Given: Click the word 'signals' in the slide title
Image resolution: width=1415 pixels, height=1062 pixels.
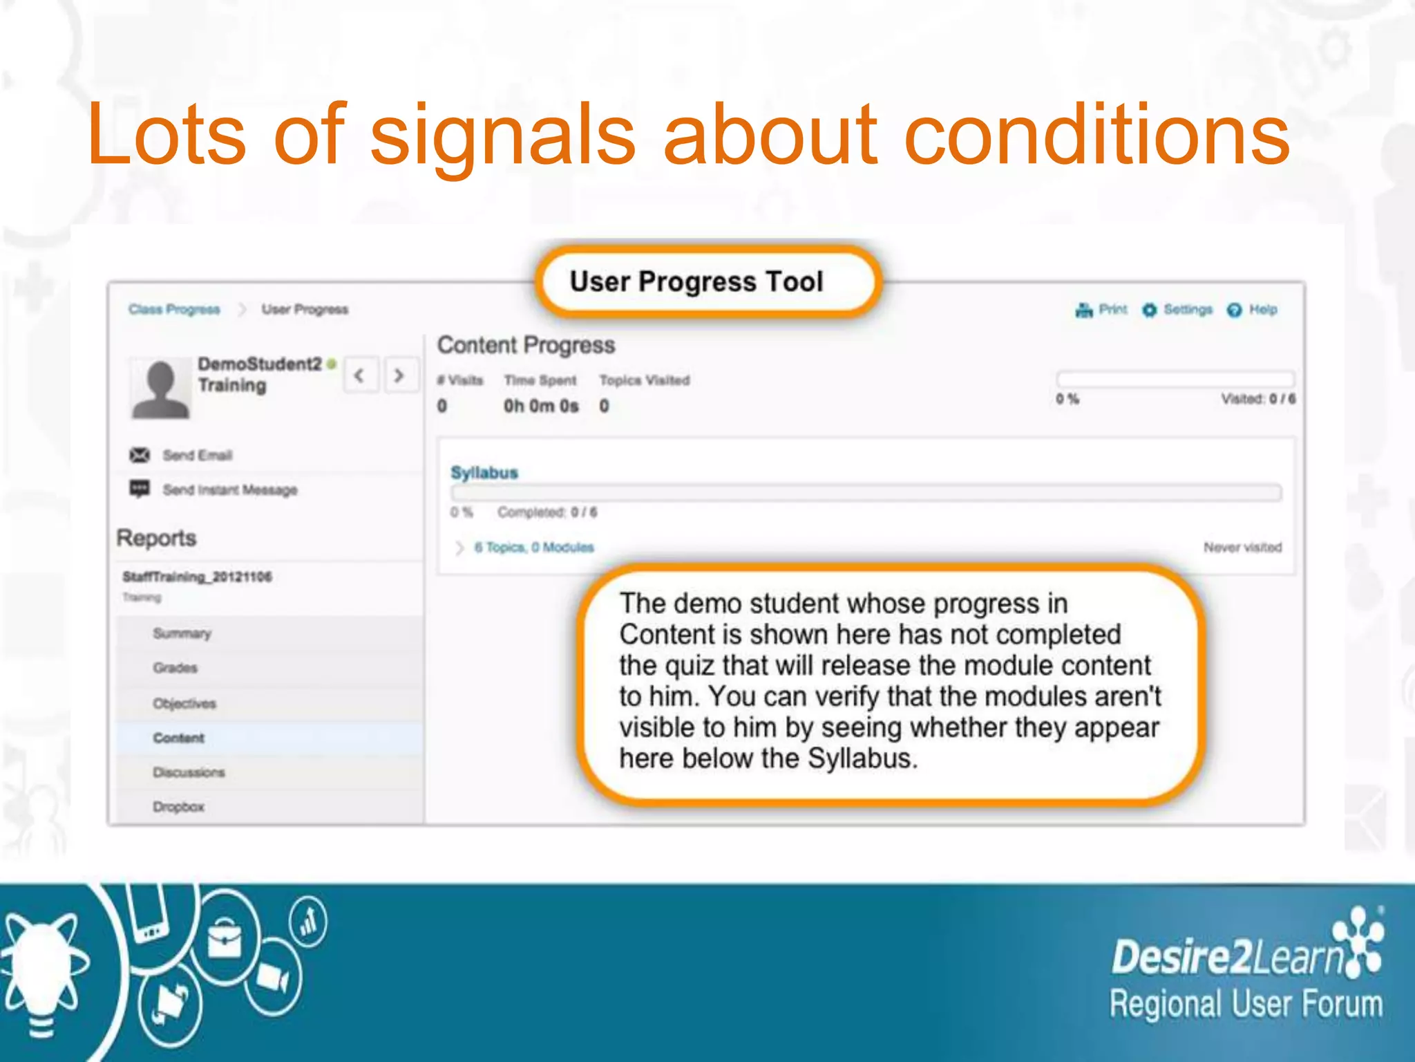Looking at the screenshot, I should click(502, 136).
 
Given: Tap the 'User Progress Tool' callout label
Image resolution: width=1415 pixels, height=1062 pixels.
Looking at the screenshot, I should click(696, 281).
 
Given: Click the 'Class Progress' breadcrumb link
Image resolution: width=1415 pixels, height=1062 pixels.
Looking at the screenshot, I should click(174, 309).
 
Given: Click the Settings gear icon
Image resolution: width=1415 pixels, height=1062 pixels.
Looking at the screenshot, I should click(1149, 310).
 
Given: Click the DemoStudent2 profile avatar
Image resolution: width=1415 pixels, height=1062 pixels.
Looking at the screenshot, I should click(160, 389).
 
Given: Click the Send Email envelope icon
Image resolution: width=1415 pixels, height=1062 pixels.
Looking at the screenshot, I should click(140, 455).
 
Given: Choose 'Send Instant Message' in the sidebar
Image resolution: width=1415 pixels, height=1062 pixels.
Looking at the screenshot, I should click(229, 490).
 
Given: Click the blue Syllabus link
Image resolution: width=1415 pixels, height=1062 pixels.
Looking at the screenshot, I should click(484, 473).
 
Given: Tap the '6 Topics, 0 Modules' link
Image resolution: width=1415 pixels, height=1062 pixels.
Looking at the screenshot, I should click(533, 548).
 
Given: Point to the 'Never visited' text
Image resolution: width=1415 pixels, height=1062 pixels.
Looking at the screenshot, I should click(1242, 548).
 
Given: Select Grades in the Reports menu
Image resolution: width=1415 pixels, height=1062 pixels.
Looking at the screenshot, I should click(175, 668).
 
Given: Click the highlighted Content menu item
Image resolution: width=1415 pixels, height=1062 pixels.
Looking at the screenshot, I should click(179, 738).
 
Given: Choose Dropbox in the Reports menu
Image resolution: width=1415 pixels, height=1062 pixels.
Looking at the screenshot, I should click(179, 807).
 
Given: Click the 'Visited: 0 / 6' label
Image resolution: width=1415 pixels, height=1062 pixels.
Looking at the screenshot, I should click(1257, 399).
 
